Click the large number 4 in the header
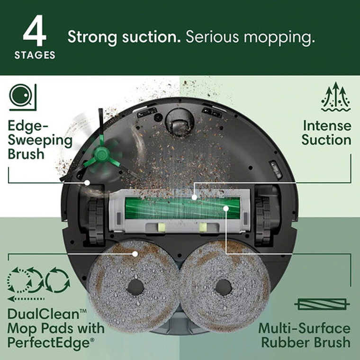tap(34, 34)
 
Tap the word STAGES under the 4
tap(35, 55)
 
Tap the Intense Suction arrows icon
tap(335, 97)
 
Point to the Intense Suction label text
tap(326, 133)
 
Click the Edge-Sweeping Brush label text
tap(40, 140)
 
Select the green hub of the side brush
tap(101, 153)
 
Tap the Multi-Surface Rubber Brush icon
tap(322, 304)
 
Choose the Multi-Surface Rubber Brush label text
tap(304, 335)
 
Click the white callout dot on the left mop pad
tap(135, 254)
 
